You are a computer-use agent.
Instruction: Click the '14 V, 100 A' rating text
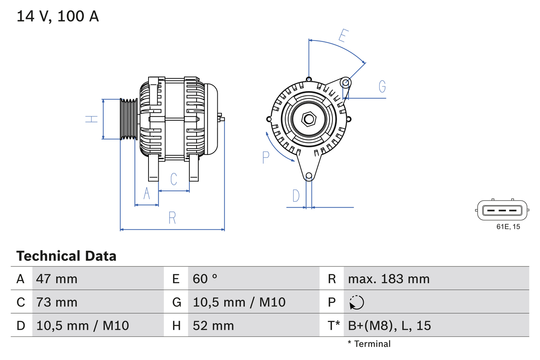(58, 16)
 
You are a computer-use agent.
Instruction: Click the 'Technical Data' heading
(66, 256)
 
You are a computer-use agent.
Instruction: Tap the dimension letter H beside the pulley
(92, 119)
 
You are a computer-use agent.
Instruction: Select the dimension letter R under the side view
(172, 218)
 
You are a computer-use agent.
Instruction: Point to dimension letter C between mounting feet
(173, 179)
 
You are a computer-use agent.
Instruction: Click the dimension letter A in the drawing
(147, 193)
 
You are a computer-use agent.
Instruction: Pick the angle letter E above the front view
(343, 36)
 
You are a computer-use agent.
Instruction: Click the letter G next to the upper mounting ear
(382, 87)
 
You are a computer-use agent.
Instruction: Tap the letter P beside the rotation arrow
(265, 157)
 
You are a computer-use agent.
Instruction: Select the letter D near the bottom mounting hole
(296, 196)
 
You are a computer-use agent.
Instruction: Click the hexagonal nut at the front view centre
(309, 119)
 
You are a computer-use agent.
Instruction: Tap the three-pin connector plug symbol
(502, 210)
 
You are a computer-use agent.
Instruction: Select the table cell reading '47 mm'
(57, 279)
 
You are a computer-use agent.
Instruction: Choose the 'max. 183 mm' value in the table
(389, 279)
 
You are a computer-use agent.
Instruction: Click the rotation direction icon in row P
(356, 302)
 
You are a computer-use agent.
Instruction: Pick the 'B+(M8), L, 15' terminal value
(389, 325)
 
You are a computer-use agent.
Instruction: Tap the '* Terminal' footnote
(369, 344)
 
